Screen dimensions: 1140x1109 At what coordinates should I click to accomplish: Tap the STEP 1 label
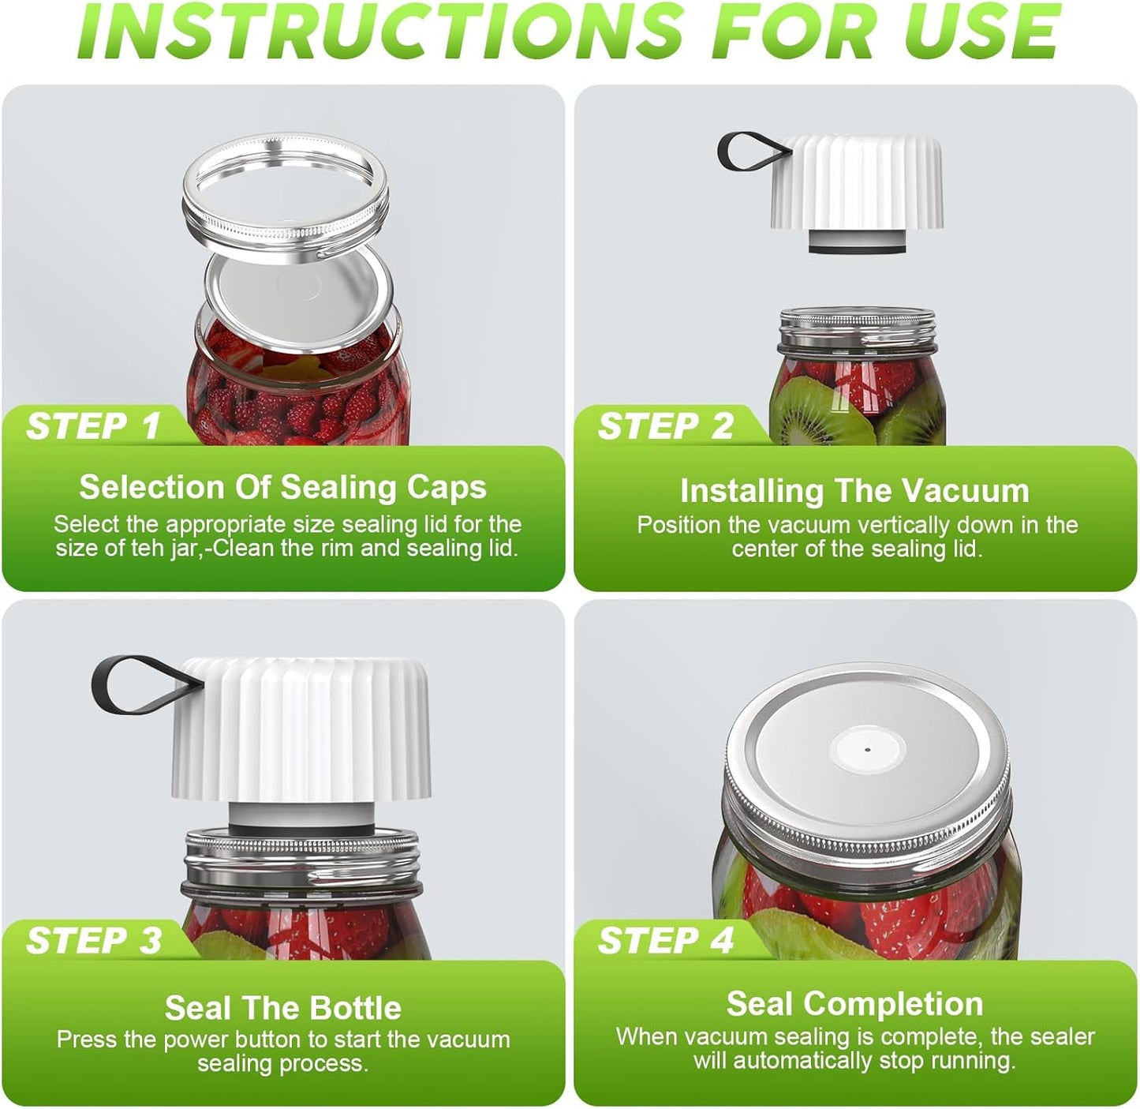[x=93, y=425]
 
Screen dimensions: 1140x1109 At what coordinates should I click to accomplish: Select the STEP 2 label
[x=666, y=425]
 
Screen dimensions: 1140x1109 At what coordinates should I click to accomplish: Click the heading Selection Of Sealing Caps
[x=283, y=488]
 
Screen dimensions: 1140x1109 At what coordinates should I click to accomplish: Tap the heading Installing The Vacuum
[x=854, y=490]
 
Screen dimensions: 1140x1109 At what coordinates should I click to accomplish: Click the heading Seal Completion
[x=854, y=1004]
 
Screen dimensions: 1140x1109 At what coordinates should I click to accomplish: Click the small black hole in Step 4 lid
[x=868, y=750]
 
